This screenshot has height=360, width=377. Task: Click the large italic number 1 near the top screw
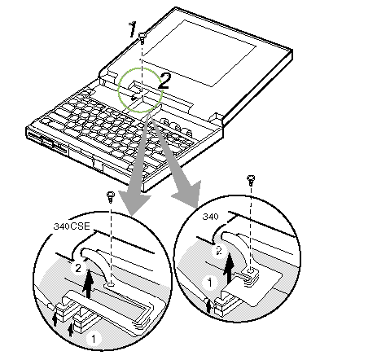click(133, 29)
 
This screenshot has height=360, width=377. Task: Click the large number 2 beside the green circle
click(164, 81)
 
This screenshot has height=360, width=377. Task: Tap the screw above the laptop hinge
click(142, 37)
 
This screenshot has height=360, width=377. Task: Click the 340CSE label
click(72, 226)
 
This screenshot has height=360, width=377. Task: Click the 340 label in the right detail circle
click(211, 217)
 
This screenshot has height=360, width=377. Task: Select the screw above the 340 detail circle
click(251, 180)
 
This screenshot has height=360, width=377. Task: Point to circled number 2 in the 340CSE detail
click(78, 269)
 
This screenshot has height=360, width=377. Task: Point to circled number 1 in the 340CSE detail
click(94, 339)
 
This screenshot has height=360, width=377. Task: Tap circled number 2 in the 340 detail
click(219, 250)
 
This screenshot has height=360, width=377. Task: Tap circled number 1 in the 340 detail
click(210, 283)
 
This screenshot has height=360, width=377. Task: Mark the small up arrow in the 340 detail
click(208, 305)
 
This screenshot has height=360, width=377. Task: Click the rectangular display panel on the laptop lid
click(199, 53)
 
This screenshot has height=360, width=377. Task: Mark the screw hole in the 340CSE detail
click(111, 285)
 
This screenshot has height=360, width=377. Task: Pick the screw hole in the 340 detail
click(251, 270)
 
